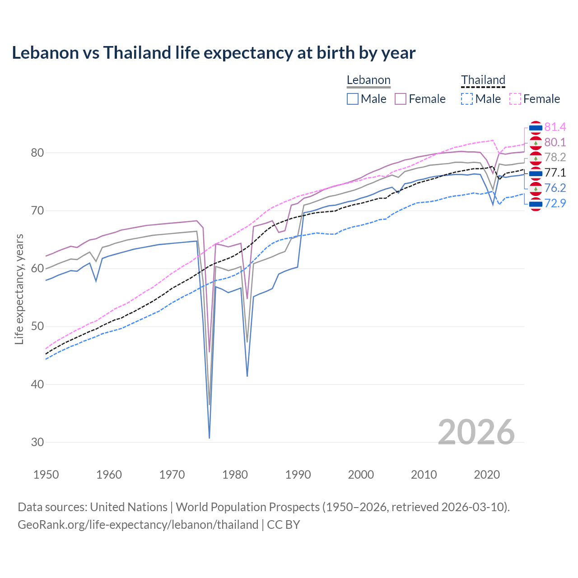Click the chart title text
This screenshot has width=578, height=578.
coord(213,53)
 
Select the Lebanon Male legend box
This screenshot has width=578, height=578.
coord(353,99)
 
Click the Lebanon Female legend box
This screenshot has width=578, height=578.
coord(401,99)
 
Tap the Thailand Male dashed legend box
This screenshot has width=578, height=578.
coord(467,99)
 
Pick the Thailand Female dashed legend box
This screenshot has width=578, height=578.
coord(515,99)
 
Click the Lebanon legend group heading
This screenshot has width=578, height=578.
coord(368,80)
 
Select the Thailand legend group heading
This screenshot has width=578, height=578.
coord(483,80)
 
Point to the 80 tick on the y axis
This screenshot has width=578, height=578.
coord(37,153)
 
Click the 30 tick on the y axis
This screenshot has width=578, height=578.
coord(37,443)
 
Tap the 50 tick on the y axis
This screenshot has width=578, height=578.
coord(37,326)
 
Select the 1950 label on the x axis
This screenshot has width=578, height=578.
coord(46,475)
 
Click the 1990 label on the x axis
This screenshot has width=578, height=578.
coord(298,475)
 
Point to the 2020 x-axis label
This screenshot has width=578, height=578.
coord(487,475)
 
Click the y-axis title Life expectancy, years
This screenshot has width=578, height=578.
coord(19,289)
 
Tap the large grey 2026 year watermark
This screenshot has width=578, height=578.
coord(476,432)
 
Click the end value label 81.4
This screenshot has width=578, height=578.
coord(555,127)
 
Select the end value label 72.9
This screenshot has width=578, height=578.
coord(555,204)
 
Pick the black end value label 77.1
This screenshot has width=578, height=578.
coord(555,173)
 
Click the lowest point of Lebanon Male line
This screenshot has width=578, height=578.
coord(210,438)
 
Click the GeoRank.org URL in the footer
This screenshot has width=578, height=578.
coord(138,525)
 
